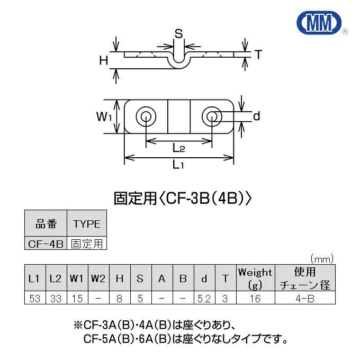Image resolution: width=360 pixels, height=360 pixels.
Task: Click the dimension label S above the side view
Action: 179,34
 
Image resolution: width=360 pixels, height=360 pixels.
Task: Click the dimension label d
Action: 256,116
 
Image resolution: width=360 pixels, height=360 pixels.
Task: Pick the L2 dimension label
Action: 179,150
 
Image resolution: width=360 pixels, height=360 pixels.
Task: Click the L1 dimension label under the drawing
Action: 179,166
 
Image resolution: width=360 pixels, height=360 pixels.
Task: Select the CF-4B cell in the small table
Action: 46,244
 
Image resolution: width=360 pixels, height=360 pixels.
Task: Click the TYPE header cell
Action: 86,224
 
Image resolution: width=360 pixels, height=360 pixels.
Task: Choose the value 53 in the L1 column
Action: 35,299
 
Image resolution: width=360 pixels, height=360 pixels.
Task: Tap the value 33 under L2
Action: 56,299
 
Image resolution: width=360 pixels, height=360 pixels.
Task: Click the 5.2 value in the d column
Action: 204,299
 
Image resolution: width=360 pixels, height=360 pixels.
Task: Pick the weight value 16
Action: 255,299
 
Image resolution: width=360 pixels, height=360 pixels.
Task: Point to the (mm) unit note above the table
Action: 322,259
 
